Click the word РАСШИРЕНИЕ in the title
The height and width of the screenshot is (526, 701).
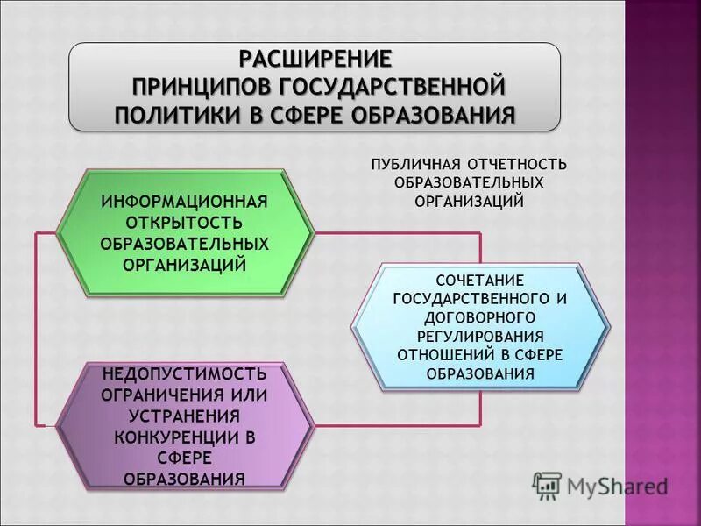coord(315,59)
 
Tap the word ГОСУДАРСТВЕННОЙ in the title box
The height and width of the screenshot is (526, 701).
coord(394,88)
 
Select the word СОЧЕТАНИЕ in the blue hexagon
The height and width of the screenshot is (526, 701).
coord(480,280)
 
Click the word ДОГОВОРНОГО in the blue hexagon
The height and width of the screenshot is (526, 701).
coord(480,317)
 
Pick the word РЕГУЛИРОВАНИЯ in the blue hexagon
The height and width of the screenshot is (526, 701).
coord(480,337)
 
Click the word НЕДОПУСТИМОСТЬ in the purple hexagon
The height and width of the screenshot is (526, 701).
coord(184,375)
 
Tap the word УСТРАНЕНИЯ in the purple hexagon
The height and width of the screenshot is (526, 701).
coord(184,416)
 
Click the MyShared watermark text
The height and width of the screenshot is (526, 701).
coord(617,485)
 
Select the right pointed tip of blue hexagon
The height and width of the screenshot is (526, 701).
coord(611,326)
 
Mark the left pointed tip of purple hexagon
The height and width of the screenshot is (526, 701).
coord(58,426)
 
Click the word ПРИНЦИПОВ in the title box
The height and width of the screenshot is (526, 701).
coord(202,88)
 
